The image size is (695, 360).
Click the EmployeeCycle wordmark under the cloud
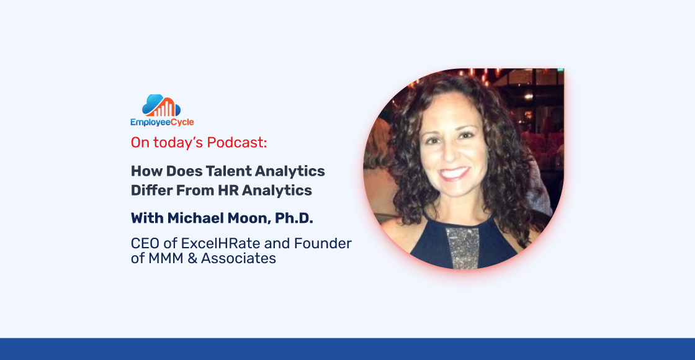162,122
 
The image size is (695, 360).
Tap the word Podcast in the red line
236,142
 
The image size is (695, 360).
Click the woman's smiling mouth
455,173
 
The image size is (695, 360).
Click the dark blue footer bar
347,349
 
